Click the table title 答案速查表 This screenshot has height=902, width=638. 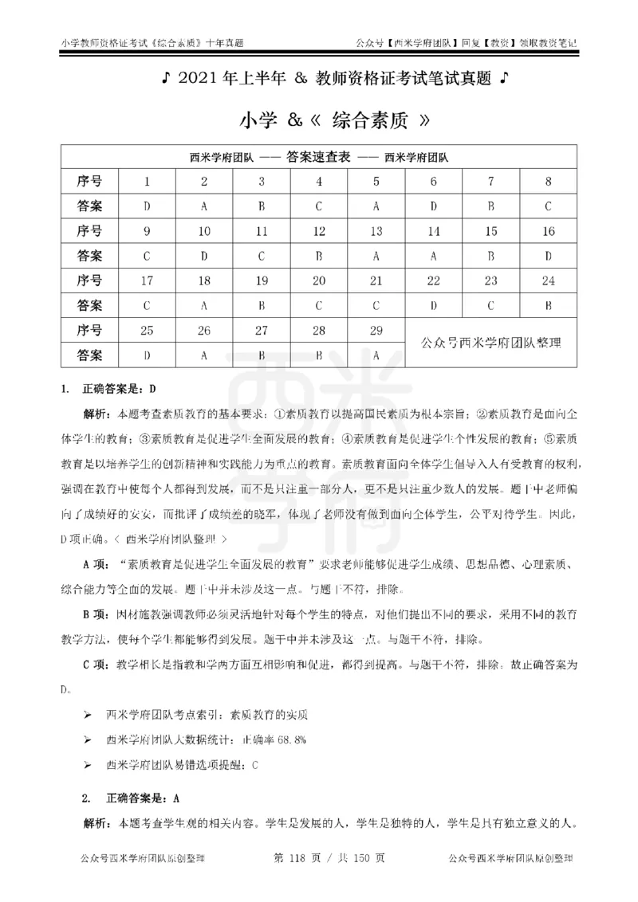[319, 157]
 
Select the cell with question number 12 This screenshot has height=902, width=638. [319, 232]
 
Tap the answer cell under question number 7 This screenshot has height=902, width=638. [491, 206]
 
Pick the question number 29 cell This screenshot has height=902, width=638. [376, 330]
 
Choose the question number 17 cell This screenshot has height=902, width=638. [147, 280]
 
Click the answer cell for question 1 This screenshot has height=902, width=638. [147, 206]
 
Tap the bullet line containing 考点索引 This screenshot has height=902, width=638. [207, 715]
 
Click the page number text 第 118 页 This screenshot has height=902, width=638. [297, 859]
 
